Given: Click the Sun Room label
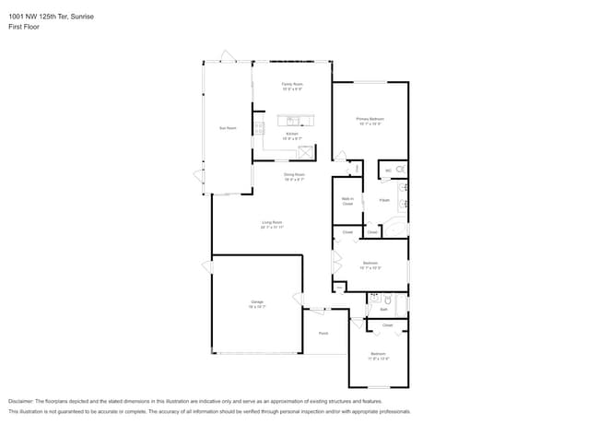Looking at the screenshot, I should point(228,128).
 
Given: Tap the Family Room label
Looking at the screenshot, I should point(292,87).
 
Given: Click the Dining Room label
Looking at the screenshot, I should point(294,176).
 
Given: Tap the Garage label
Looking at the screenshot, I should point(257,303).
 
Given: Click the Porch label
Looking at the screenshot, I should point(323,333).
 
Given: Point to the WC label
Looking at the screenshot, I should point(388,171).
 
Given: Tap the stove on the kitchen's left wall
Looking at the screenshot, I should point(259,129).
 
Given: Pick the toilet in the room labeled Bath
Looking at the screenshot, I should point(389,300).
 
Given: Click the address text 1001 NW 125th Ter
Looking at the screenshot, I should point(41,17).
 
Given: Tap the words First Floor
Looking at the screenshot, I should point(24,27).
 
